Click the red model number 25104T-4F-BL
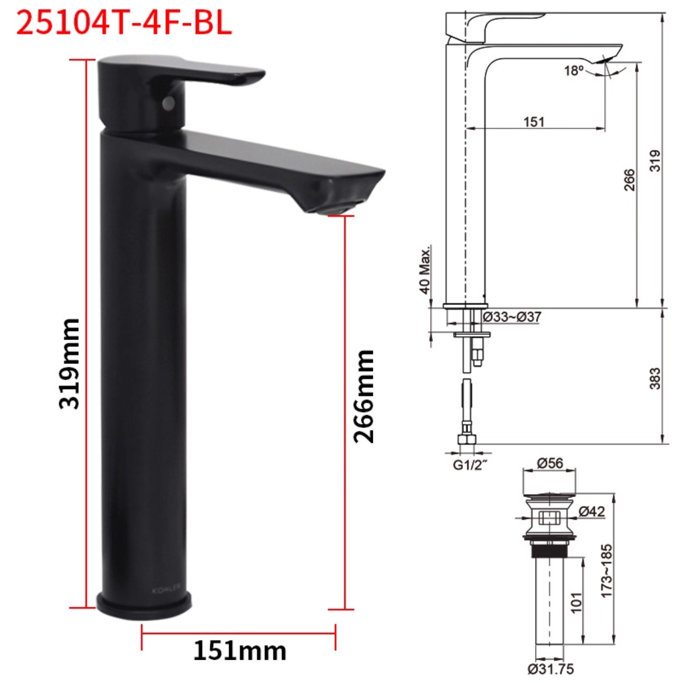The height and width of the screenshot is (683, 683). point(124,22)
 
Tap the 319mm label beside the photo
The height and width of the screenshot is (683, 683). point(69,364)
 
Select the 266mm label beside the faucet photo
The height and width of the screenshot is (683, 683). point(364,396)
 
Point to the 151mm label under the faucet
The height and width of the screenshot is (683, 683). point(240,651)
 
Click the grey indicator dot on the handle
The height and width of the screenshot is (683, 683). point(168,103)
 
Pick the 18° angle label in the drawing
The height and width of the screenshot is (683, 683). point(574,71)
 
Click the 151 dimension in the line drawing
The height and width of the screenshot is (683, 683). point(534,122)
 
